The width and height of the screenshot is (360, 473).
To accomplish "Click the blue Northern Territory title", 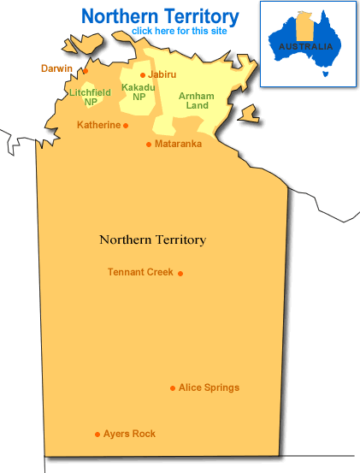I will [x=160, y=15].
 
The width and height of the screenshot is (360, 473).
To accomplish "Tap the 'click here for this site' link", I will [x=179, y=32].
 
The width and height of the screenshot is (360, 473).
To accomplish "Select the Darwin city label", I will [x=57, y=68].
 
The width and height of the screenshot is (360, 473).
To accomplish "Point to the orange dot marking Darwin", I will [x=85, y=71].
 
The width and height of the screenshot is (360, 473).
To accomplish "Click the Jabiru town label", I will [x=162, y=75].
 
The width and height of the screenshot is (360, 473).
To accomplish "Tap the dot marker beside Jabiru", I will [x=143, y=75].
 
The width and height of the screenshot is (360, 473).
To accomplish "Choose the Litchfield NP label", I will [x=90, y=96].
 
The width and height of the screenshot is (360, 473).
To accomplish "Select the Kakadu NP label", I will [x=138, y=92].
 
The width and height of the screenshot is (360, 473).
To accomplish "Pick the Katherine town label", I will [x=98, y=125].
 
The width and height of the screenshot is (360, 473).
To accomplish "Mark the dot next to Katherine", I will [x=126, y=126].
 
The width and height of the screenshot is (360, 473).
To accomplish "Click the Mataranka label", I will [x=178, y=144].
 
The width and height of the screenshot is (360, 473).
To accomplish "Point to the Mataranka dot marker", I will [x=149, y=145].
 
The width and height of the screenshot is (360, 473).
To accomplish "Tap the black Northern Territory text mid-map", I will [x=152, y=239].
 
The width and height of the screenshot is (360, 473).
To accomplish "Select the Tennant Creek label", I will [x=140, y=272].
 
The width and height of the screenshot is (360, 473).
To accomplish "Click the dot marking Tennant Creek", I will [x=180, y=274].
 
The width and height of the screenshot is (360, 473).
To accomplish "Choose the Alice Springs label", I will [x=209, y=387].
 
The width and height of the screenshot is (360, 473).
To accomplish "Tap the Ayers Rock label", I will [x=129, y=434].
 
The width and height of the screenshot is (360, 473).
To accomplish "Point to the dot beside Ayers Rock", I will [x=97, y=435].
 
